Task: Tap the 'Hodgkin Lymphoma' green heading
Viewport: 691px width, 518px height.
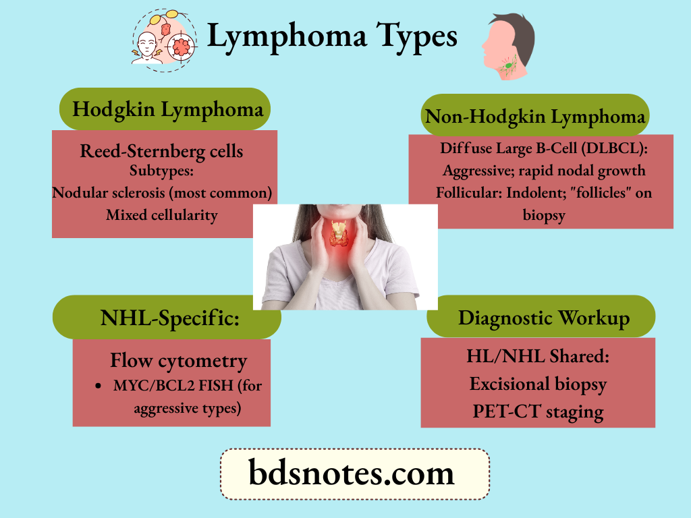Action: click(167, 109)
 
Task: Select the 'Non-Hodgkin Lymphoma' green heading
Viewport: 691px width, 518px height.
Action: click(534, 117)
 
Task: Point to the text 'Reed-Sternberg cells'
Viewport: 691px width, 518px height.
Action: click(161, 151)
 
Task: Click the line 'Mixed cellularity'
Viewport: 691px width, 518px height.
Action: click(162, 215)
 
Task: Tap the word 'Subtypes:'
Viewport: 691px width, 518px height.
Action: click(161, 170)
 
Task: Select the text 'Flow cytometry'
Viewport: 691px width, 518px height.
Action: click(178, 361)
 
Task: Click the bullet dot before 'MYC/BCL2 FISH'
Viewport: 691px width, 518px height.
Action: click(99, 387)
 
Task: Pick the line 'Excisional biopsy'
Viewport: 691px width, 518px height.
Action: click(538, 384)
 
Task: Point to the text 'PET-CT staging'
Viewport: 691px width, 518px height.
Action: click(538, 411)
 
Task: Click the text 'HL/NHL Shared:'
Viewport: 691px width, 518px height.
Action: click(538, 356)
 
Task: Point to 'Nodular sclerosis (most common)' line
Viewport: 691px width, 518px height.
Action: click(162, 193)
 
